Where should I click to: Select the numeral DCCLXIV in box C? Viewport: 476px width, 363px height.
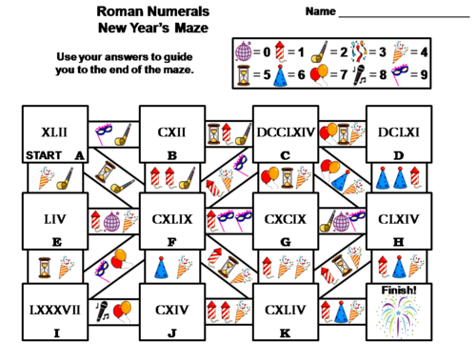click(285, 131)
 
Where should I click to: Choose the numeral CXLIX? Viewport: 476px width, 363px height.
click(172, 219)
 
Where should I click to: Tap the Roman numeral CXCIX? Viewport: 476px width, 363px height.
click(285, 219)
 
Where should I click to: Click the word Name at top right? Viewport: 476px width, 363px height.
click(321, 12)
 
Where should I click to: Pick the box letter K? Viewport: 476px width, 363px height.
click(285, 333)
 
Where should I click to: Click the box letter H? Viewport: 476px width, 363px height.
click(396, 242)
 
